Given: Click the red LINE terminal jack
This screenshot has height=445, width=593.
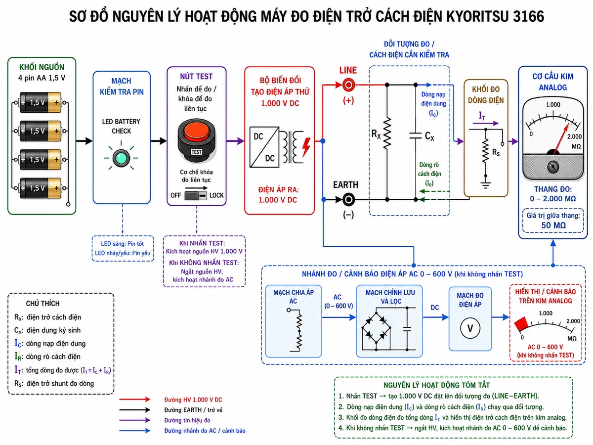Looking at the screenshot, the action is (x=348, y=85).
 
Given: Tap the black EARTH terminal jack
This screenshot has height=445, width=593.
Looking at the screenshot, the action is (x=348, y=200).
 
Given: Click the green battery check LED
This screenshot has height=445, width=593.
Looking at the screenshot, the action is (x=121, y=158).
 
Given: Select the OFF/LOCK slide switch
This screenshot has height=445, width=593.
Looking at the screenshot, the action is (x=196, y=195).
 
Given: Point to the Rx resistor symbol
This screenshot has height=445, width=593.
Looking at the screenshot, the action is (x=387, y=133).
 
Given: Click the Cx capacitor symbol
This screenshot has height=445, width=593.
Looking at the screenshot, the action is (x=416, y=135).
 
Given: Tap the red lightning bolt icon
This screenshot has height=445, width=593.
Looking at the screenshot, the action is (x=306, y=147).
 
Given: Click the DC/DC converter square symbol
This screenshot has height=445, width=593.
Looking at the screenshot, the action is (x=264, y=147).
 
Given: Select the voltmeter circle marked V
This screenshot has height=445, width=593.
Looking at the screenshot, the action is (x=470, y=328).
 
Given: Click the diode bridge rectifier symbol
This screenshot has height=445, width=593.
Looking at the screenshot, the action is (x=376, y=328).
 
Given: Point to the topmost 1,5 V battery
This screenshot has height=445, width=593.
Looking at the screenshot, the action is (x=40, y=103).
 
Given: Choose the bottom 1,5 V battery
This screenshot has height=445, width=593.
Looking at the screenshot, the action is (x=40, y=188).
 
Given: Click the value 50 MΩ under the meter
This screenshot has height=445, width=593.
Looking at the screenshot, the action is (x=553, y=225).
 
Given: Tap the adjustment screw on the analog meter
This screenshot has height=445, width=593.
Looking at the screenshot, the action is (x=553, y=167).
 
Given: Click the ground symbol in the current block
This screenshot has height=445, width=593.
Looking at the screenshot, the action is (x=485, y=185).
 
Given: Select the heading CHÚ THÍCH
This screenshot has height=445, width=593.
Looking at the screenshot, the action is (x=42, y=304).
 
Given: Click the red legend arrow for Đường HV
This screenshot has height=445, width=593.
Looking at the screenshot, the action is (x=134, y=400).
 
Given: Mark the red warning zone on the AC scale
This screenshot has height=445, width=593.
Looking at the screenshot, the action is (x=521, y=324).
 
